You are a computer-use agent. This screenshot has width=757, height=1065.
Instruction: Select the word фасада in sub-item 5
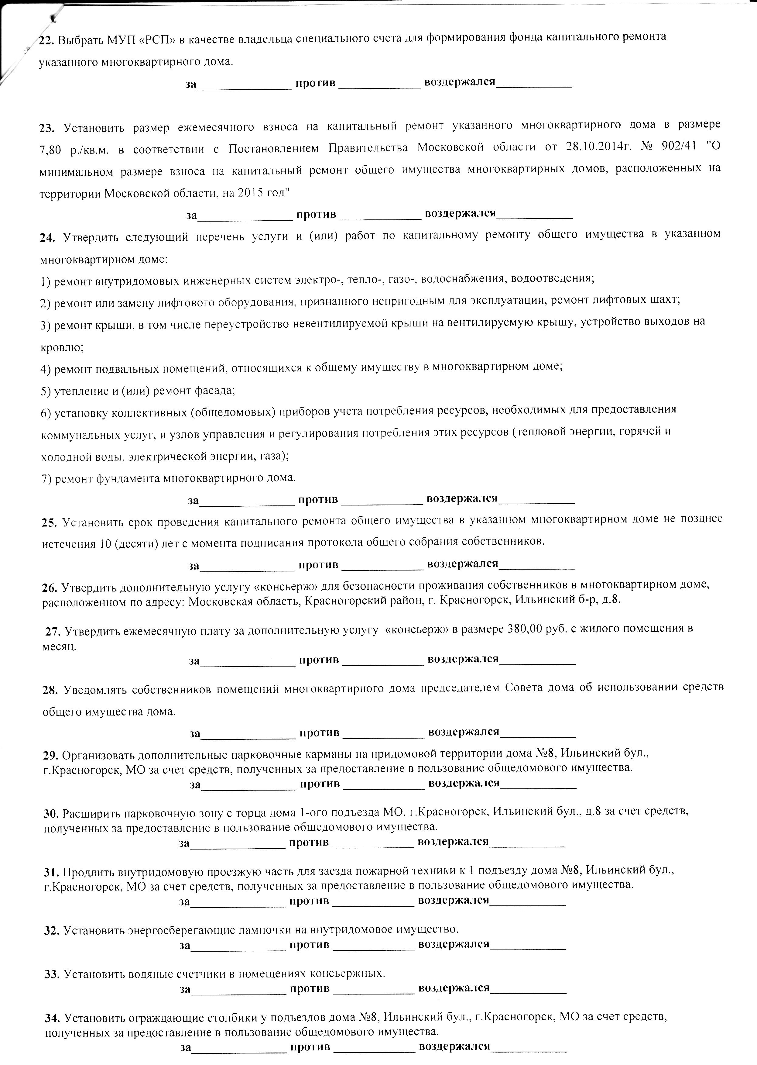(216, 390)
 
